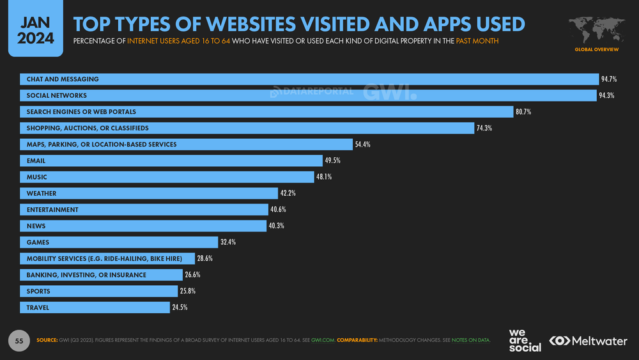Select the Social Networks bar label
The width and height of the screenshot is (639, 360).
pyautogui.click(x=57, y=95)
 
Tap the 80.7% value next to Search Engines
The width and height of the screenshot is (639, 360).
pyautogui.click(x=523, y=112)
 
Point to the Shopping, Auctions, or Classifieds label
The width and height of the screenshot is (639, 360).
pyautogui.click(x=88, y=128)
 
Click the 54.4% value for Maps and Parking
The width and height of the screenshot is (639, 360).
pyautogui.click(x=362, y=145)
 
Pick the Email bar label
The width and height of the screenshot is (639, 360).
pyautogui.click(x=36, y=161)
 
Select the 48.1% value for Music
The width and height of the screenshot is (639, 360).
pyautogui.click(x=324, y=177)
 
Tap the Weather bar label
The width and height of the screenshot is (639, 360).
pyautogui.click(x=42, y=194)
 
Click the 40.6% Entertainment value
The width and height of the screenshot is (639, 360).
pyautogui.click(x=278, y=210)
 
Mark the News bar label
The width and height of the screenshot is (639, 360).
pyautogui.click(x=36, y=226)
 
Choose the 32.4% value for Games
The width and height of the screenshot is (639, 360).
pyautogui.click(x=228, y=242)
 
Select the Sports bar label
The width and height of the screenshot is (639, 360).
pyautogui.click(x=38, y=291)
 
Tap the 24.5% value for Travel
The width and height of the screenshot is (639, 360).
pyautogui.click(x=180, y=308)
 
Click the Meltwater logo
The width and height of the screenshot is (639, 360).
pyautogui.click(x=588, y=341)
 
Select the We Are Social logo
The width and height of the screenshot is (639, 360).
pyautogui.click(x=525, y=340)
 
